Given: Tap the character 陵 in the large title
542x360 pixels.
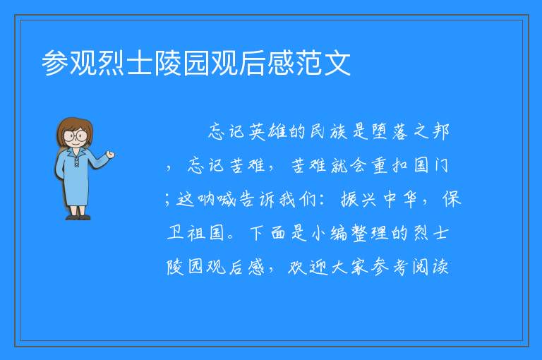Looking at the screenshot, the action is point(167,64).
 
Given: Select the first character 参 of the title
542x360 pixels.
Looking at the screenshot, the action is point(55,64).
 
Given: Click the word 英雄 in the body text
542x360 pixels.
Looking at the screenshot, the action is point(268,131).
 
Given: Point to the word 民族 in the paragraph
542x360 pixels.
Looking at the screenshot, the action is point(329,131).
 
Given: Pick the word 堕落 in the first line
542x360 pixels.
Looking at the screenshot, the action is point(390,131).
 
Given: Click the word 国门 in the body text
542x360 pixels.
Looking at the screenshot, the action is point(431,165).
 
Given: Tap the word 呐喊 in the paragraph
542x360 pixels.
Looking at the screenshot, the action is point(217,200).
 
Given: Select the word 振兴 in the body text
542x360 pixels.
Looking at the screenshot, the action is point(359,200).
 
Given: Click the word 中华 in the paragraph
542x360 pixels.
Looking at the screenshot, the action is point(400,200).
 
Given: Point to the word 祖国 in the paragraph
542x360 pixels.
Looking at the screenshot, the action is point(206,233).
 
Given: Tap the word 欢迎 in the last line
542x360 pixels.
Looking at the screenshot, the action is point(308,267).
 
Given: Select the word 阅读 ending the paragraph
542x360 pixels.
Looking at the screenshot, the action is point(430,267).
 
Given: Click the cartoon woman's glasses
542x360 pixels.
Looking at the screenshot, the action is point(76,136).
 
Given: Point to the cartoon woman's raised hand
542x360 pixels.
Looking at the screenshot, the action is point(110,154).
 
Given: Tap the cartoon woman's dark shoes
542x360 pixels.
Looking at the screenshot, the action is point(78,217).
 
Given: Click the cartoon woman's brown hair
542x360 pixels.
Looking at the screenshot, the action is point(75,125).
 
